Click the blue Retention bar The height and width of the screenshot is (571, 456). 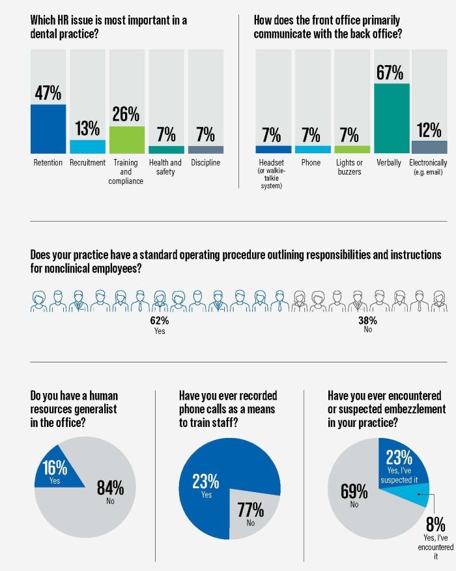coord(48,128)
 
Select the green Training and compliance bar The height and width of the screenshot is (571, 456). coord(126,139)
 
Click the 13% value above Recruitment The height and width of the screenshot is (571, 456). coord(87,128)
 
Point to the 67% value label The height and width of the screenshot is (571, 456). coord(390,72)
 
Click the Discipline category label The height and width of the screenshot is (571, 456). coord(205,162)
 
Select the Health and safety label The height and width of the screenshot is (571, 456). coord(166,167)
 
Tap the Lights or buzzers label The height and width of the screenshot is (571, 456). coord(350,167)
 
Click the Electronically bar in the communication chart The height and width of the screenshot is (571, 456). coord(429,147)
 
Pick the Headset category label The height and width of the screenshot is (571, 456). coord(271,162)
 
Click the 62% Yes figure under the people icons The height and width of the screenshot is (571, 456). coord(159,321)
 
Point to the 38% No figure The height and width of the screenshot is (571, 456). coord(367,321)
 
